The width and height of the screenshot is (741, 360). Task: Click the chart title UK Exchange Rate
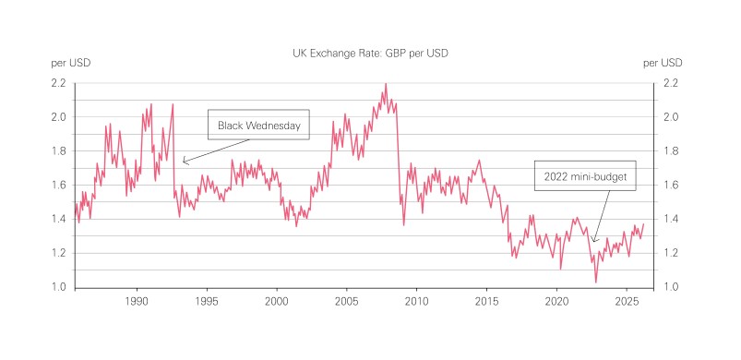(370, 54)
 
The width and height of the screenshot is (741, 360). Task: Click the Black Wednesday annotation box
(259, 126)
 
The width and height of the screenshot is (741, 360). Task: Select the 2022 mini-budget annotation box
(586, 175)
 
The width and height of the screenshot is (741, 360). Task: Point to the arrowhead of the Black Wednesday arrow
(183, 162)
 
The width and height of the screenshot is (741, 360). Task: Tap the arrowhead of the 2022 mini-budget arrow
(593, 242)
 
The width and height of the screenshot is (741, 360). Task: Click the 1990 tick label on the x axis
(137, 302)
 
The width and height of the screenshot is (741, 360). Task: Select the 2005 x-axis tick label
(346, 302)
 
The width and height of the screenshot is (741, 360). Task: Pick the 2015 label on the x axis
(486, 302)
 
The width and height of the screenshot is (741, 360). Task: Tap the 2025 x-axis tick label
(626, 302)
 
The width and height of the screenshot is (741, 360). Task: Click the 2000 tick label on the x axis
(277, 302)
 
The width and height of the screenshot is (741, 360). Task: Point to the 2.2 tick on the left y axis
(57, 83)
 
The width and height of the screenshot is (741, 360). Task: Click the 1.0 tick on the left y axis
(57, 287)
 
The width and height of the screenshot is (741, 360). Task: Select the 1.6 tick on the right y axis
(671, 185)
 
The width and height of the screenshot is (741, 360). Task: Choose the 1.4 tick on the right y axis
(671, 219)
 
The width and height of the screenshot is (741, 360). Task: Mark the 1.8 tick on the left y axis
(57, 151)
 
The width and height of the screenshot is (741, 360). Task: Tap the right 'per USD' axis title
(663, 63)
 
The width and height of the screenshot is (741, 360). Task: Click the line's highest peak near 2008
(385, 84)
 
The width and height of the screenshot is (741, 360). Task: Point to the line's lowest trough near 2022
(596, 282)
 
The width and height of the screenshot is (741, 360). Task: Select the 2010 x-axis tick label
(416, 302)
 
